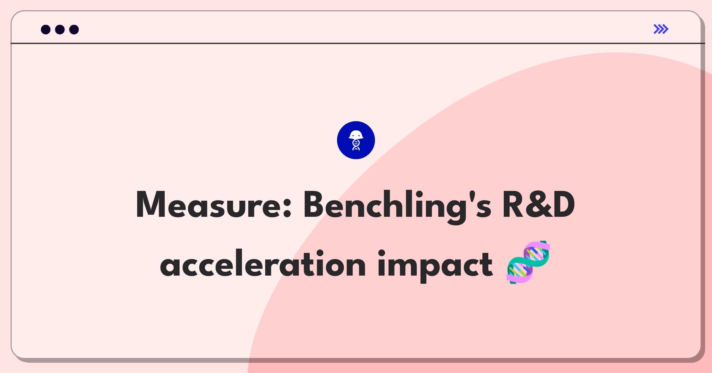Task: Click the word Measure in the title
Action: pyautogui.click(x=214, y=205)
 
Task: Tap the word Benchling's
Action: pyautogui.click(x=398, y=207)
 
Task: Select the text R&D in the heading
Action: pyautogui.click(x=539, y=205)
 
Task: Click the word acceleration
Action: pyautogui.click(x=263, y=263)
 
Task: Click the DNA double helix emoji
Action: pyautogui.click(x=528, y=262)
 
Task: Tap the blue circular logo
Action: pyautogui.click(x=356, y=140)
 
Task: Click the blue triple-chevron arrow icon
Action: pyautogui.click(x=661, y=29)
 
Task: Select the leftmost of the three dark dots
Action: pyautogui.click(x=46, y=29)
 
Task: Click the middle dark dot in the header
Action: pyautogui.click(x=60, y=29)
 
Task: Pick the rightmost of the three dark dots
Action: pyautogui.click(x=74, y=29)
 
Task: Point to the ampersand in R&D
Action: pyautogui.click(x=539, y=205)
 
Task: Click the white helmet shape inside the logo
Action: pyautogui.click(x=356, y=135)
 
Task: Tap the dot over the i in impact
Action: pyautogui.click(x=382, y=253)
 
